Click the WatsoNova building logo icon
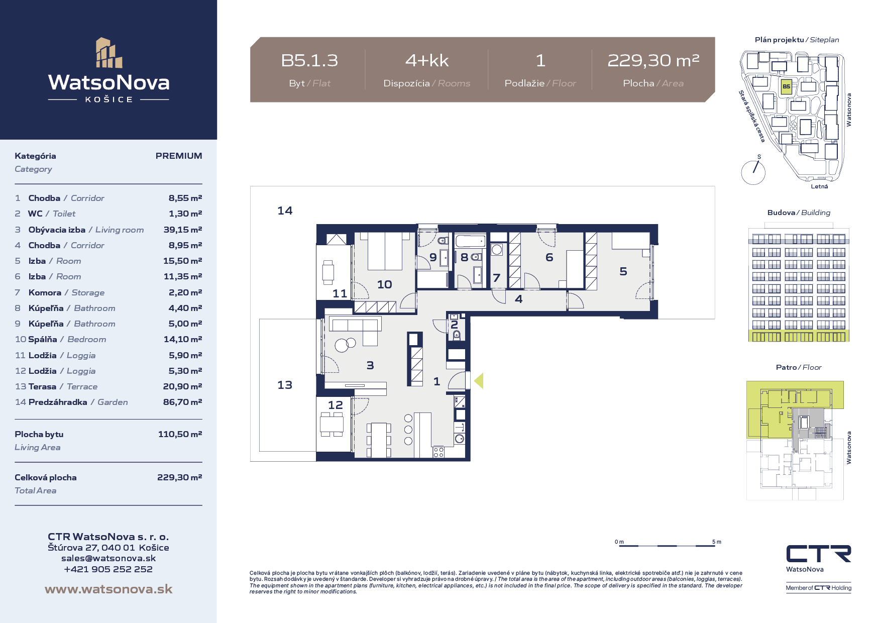pos(109,53)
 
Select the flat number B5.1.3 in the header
pos(309,61)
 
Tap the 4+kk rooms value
pos(427,61)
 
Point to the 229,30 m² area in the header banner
pos(653,60)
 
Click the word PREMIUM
pos(179,156)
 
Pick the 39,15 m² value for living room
pos(183,230)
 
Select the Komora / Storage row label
pos(67,292)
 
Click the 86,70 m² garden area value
pos(183,402)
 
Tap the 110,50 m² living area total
pos(180,434)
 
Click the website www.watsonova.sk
pos(108,589)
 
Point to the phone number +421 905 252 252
pos(108,569)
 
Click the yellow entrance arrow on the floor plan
pos(479,381)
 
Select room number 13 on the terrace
pos(285,385)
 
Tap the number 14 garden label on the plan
pos(285,211)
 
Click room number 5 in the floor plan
pos(623,271)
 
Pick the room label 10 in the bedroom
pos(385,284)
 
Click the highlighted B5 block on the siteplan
pos(786,86)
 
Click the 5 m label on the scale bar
pos(717,542)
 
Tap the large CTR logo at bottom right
pos(819,554)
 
